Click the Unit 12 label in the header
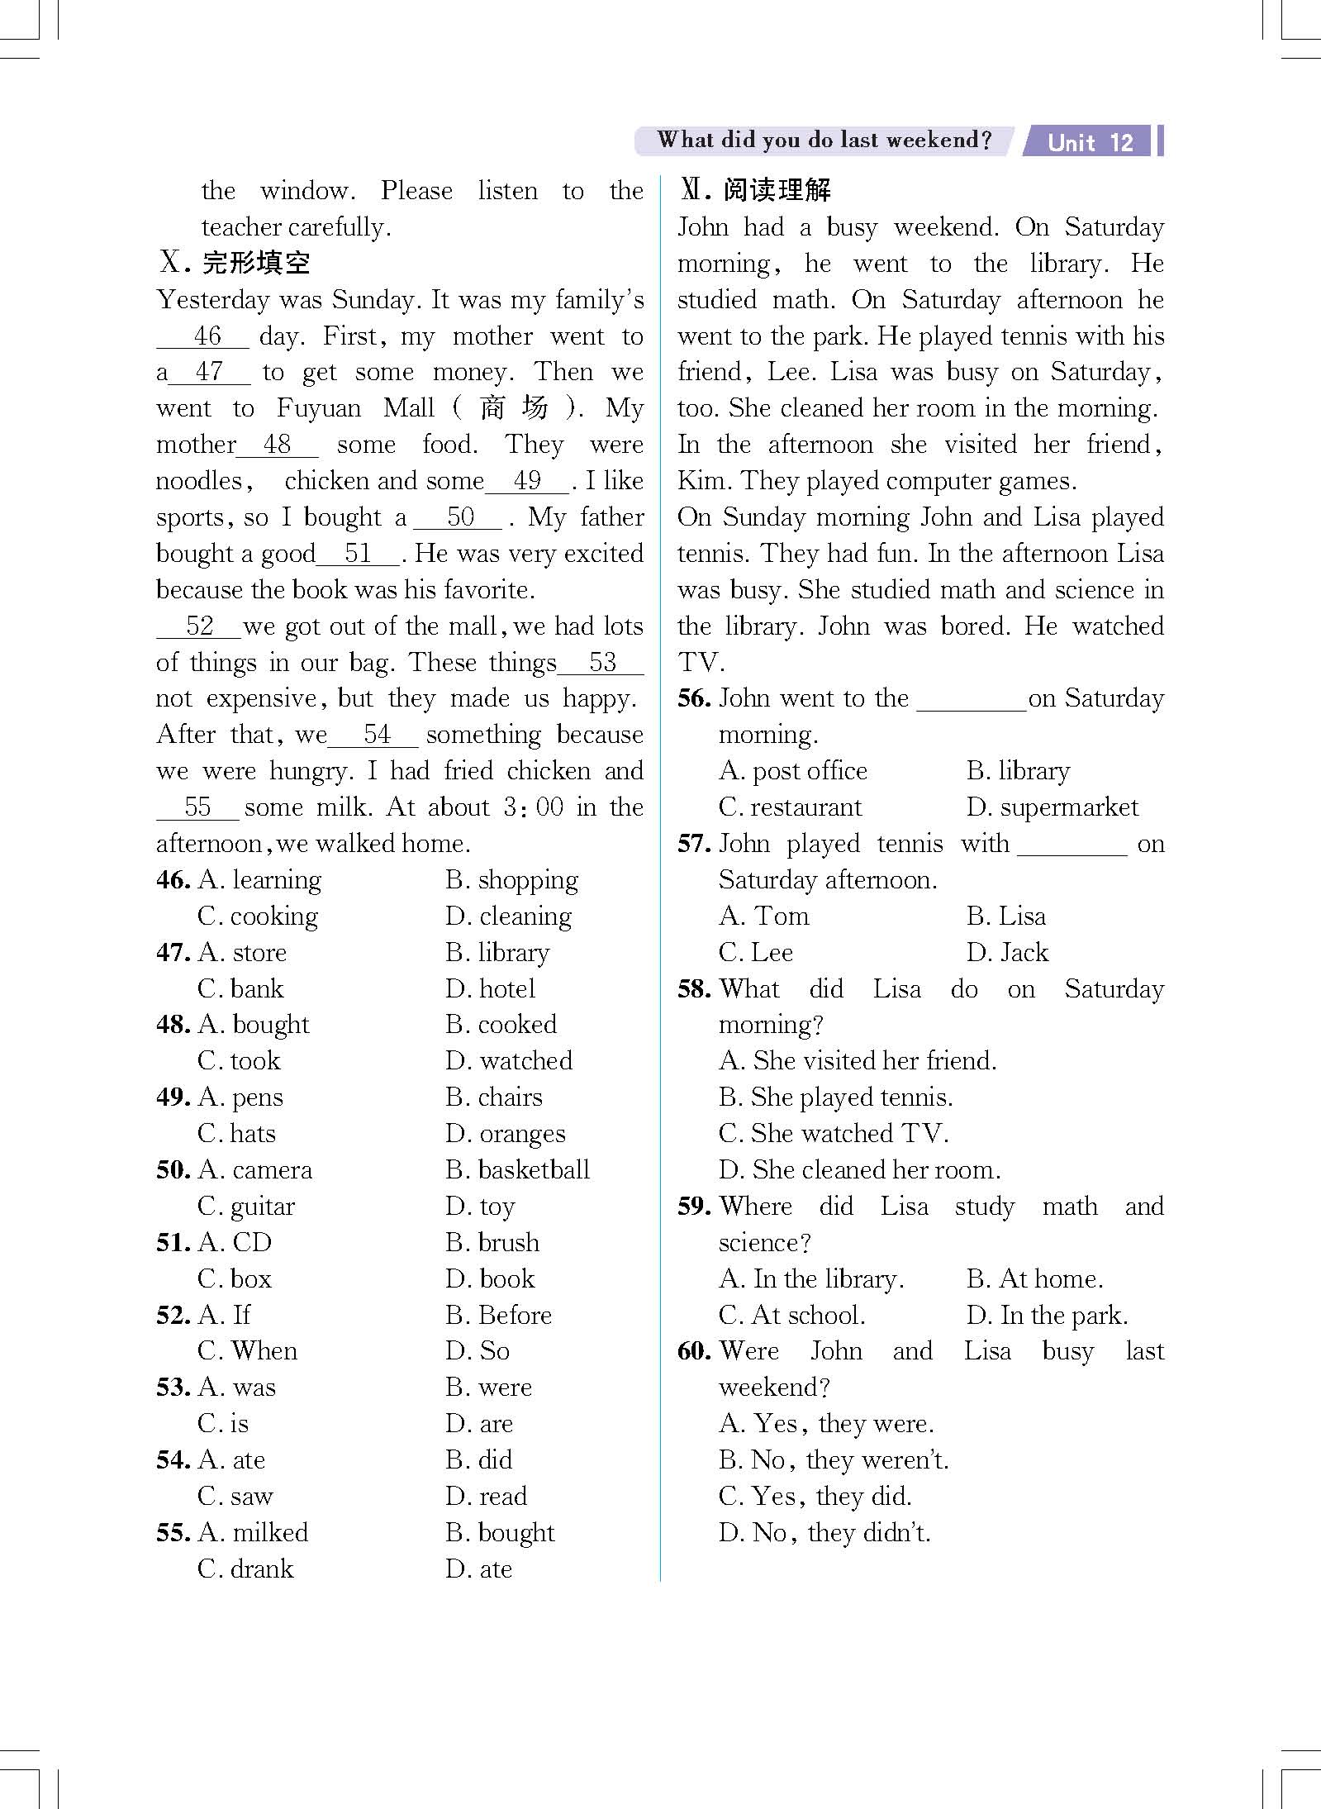coord(1090,142)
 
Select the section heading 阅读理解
coord(777,190)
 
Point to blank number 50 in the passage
coord(459,517)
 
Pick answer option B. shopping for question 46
coord(512,880)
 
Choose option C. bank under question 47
coord(241,988)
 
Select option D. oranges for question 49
coord(506,1134)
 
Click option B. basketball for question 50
coord(517,1170)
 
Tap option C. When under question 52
coord(248,1351)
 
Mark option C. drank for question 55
coord(246,1569)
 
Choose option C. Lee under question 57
coord(756,953)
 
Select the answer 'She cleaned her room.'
coord(859,1170)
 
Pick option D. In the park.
coord(1047,1315)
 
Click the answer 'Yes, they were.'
coord(826,1424)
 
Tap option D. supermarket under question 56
coord(1053,807)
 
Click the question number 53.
coord(173,1388)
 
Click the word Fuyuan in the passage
coord(319,408)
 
